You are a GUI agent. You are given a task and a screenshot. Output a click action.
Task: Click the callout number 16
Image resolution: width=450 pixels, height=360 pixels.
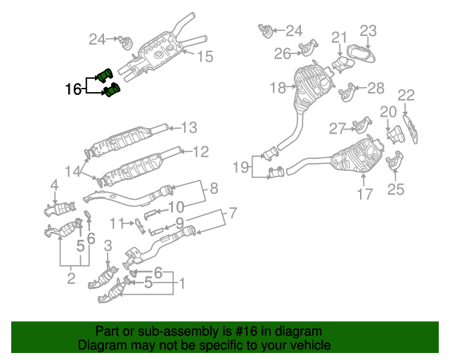click(x=73, y=89)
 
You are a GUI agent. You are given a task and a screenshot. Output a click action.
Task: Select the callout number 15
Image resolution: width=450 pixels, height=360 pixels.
click(x=203, y=57)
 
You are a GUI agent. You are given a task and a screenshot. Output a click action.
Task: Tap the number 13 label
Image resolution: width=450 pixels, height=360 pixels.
click(x=189, y=128)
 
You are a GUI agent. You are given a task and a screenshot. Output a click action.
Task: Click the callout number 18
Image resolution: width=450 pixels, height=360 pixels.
click(x=278, y=88)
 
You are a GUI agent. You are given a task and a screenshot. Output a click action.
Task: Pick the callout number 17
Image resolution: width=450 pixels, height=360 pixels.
click(x=364, y=194)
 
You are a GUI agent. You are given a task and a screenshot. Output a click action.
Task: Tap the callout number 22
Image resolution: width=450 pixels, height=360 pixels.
click(x=406, y=96)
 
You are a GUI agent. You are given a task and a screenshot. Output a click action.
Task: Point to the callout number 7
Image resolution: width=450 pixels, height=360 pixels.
click(x=233, y=212)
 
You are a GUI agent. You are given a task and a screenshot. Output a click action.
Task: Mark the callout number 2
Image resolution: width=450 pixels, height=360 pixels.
click(x=71, y=278)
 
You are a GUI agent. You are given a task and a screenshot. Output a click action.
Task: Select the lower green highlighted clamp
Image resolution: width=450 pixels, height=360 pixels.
click(x=111, y=91)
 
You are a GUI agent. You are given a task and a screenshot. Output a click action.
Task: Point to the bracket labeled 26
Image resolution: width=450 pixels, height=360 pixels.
click(x=307, y=49)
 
